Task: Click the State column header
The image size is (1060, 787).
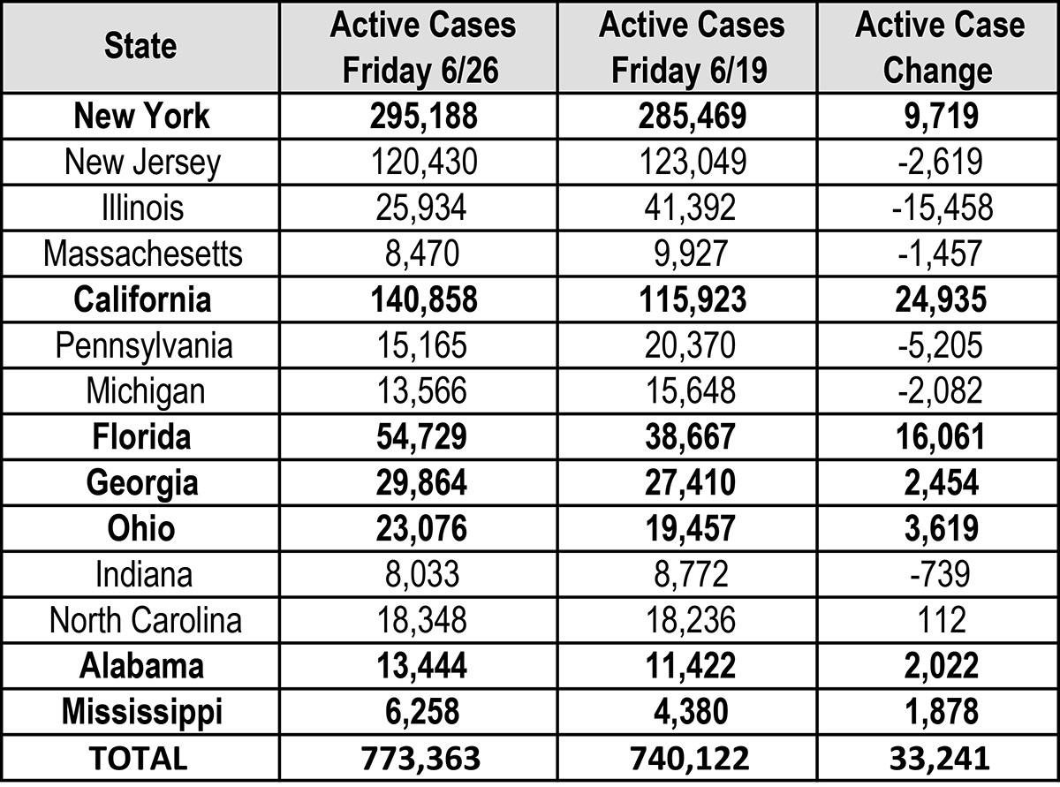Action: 140,46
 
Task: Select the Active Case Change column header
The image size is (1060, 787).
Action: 939,46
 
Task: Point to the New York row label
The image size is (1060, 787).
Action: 141,116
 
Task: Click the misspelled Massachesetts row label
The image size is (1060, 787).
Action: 141,254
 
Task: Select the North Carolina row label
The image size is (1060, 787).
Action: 145,619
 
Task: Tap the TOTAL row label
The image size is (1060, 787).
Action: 141,758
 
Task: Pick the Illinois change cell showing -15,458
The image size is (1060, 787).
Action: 939,208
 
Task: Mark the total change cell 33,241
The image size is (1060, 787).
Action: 939,758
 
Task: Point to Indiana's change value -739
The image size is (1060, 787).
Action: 939,574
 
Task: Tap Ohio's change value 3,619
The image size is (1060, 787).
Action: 939,528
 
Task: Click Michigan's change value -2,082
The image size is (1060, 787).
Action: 939,391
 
